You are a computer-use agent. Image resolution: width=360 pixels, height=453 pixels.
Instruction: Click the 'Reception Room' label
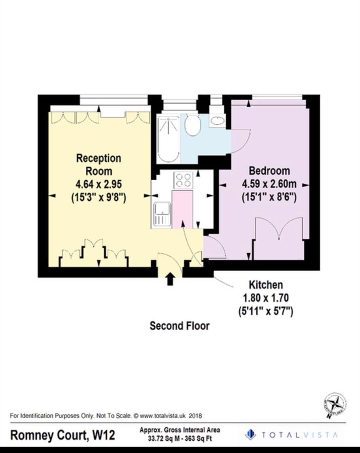pos(99,165)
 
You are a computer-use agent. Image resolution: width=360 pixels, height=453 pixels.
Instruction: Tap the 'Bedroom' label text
pos(265,170)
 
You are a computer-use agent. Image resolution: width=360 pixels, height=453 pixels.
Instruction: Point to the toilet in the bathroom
pos(193,125)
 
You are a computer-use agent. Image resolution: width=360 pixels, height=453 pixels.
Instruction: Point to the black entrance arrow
pos(170,278)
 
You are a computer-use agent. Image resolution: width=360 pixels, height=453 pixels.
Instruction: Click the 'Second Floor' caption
pos(179,326)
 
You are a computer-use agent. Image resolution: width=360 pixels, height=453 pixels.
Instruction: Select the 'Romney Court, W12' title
pos(63,435)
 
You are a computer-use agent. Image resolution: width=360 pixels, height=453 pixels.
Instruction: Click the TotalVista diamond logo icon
pos(250,434)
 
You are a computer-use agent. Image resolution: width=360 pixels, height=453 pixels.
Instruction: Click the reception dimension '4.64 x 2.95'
pos(99,185)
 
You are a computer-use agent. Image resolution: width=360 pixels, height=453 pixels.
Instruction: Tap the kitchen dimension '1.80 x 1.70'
pos(265,298)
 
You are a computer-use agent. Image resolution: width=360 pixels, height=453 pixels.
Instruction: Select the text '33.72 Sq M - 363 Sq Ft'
pos(179,438)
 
